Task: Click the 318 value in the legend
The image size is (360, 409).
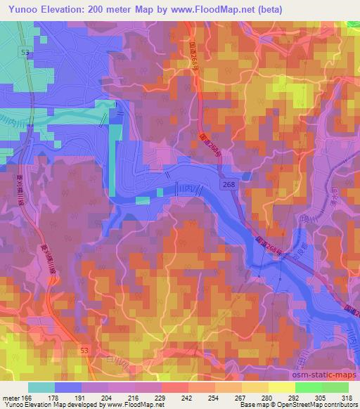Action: [x=347, y=398]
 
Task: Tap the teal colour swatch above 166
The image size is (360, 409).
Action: [x=41, y=387]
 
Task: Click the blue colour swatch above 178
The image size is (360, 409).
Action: [x=68, y=387]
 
